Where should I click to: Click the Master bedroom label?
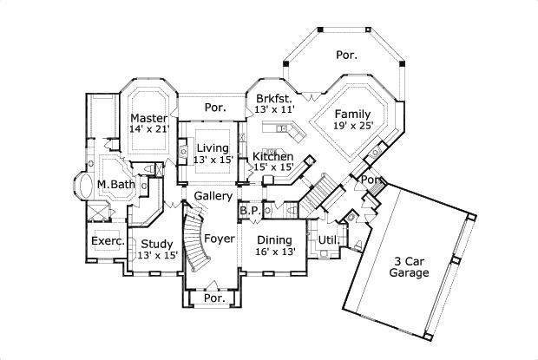click(148, 118)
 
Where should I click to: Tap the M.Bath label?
click(113, 184)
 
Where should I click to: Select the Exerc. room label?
click(108, 241)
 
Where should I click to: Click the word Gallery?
click(213, 196)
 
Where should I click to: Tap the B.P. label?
click(250, 211)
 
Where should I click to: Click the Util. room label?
click(328, 240)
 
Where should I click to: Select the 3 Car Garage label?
click(409, 265)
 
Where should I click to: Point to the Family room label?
click(353, 114)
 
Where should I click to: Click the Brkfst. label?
click(274, 99)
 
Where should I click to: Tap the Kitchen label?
click(272, 157)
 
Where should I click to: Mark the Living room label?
click(213, 147)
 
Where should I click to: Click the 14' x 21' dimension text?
click(148, 129)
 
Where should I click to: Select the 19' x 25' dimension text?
click(353, 126)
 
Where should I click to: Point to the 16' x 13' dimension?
click(275, 252)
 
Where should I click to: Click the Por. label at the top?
click(346, 56)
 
